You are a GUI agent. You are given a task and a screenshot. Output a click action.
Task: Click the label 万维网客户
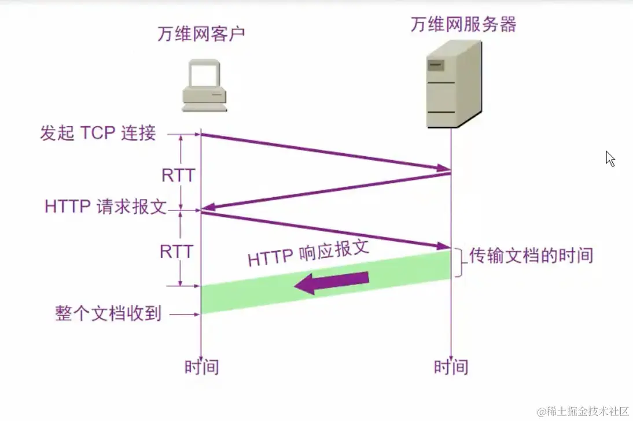[201, 34]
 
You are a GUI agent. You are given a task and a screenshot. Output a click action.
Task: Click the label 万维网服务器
[463, 24]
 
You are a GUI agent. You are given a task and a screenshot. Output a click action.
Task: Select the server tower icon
[453, 84]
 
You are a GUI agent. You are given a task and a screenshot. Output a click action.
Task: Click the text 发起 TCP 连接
[98, 134]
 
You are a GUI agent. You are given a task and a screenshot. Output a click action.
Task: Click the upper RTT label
[178, 175]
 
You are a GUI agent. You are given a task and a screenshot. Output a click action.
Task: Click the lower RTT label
[176, 251]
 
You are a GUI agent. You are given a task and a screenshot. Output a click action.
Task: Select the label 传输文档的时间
[531, 255]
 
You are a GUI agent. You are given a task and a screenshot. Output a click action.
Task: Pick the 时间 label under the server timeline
[451, 367]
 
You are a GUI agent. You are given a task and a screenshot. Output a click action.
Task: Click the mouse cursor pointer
[610, 158]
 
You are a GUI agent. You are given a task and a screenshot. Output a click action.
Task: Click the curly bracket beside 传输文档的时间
[460, 263]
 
